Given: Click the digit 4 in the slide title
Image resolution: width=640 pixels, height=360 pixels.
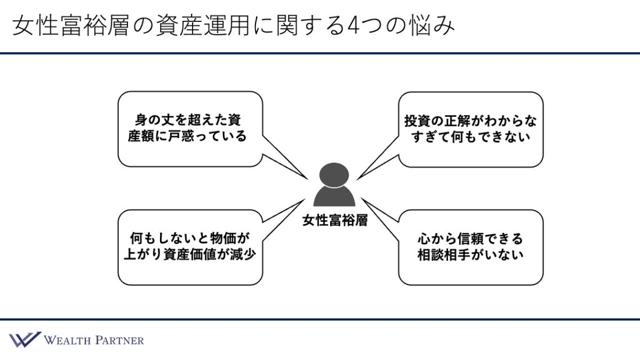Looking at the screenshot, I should click(353, 26).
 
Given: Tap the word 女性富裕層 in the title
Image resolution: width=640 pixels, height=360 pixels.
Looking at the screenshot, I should click(66, 26).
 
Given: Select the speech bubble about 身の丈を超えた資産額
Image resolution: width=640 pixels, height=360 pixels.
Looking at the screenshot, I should click(190, 129).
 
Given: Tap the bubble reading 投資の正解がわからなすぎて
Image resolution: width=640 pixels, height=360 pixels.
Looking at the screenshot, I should click(470, 129).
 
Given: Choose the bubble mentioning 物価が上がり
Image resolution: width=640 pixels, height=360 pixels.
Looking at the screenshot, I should click(190, 247).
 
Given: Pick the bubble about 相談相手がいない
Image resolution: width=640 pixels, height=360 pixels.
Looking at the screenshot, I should click(470, 247).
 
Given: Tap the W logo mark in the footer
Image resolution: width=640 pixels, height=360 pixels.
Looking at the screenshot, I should click(24, 340).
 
